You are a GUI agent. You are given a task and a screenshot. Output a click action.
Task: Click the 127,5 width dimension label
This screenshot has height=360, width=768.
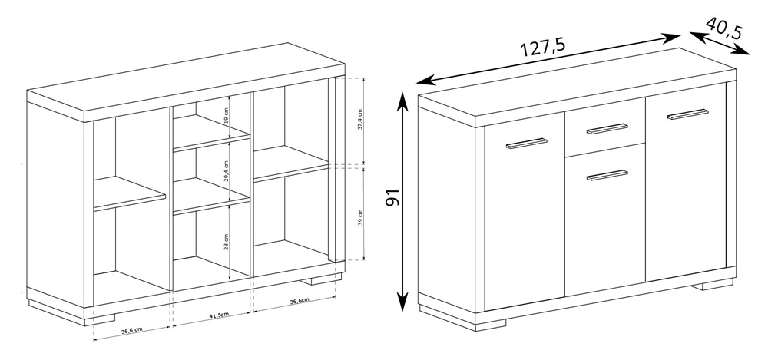tap(542, 47)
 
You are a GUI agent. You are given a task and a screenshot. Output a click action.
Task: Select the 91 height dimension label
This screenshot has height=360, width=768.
tap(393, 197)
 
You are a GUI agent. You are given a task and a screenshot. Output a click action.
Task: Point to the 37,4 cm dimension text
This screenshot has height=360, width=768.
tap(360, 119)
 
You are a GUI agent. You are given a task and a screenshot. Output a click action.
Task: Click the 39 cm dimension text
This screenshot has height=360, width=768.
tap(360, 217)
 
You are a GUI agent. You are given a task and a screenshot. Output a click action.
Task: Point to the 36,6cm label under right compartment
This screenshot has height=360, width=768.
tap(300, 301)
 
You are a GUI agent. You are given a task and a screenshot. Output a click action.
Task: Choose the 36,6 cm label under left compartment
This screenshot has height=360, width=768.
tap(132, 331)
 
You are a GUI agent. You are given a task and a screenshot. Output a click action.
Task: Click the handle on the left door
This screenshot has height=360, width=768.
tap(527, 143)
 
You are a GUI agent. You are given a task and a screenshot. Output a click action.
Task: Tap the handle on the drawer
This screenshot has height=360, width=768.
tap(607, 129)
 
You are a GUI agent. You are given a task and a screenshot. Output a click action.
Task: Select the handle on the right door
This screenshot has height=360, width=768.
tap(687, 114)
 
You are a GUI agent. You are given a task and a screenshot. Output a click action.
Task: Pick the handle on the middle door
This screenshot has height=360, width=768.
tap(607, 175)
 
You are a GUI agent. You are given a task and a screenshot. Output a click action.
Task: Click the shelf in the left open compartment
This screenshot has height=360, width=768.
tap(129, 194)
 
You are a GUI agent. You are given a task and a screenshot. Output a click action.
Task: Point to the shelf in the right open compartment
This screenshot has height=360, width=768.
tap(291, 164)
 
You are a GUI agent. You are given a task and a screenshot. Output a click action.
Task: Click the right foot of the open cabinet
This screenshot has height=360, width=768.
tap(321, 279)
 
